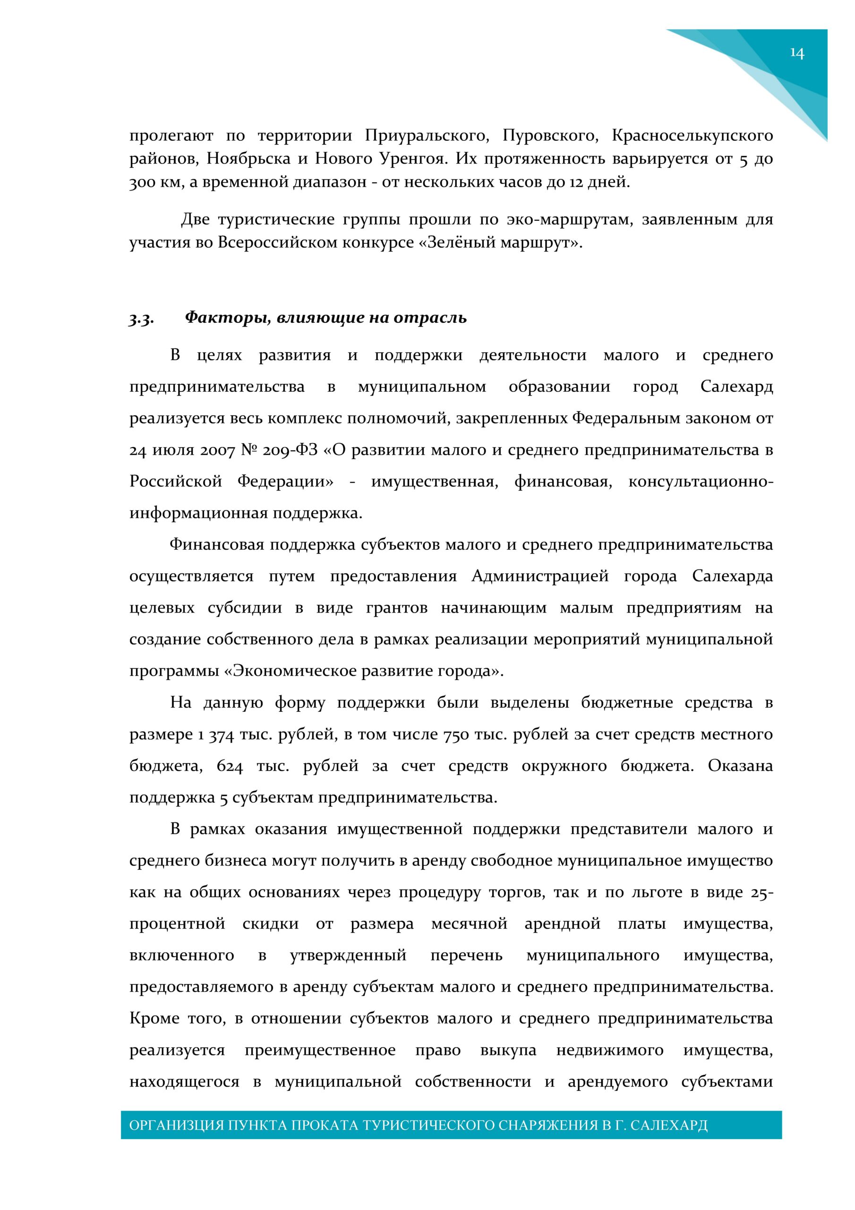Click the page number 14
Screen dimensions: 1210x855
click(x=796, y=53)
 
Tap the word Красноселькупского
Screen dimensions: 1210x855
click(x=692, y=136)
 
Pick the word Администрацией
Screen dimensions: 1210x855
click(x=540, y=576)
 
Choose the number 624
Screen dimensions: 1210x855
click(x=230, y=766)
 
